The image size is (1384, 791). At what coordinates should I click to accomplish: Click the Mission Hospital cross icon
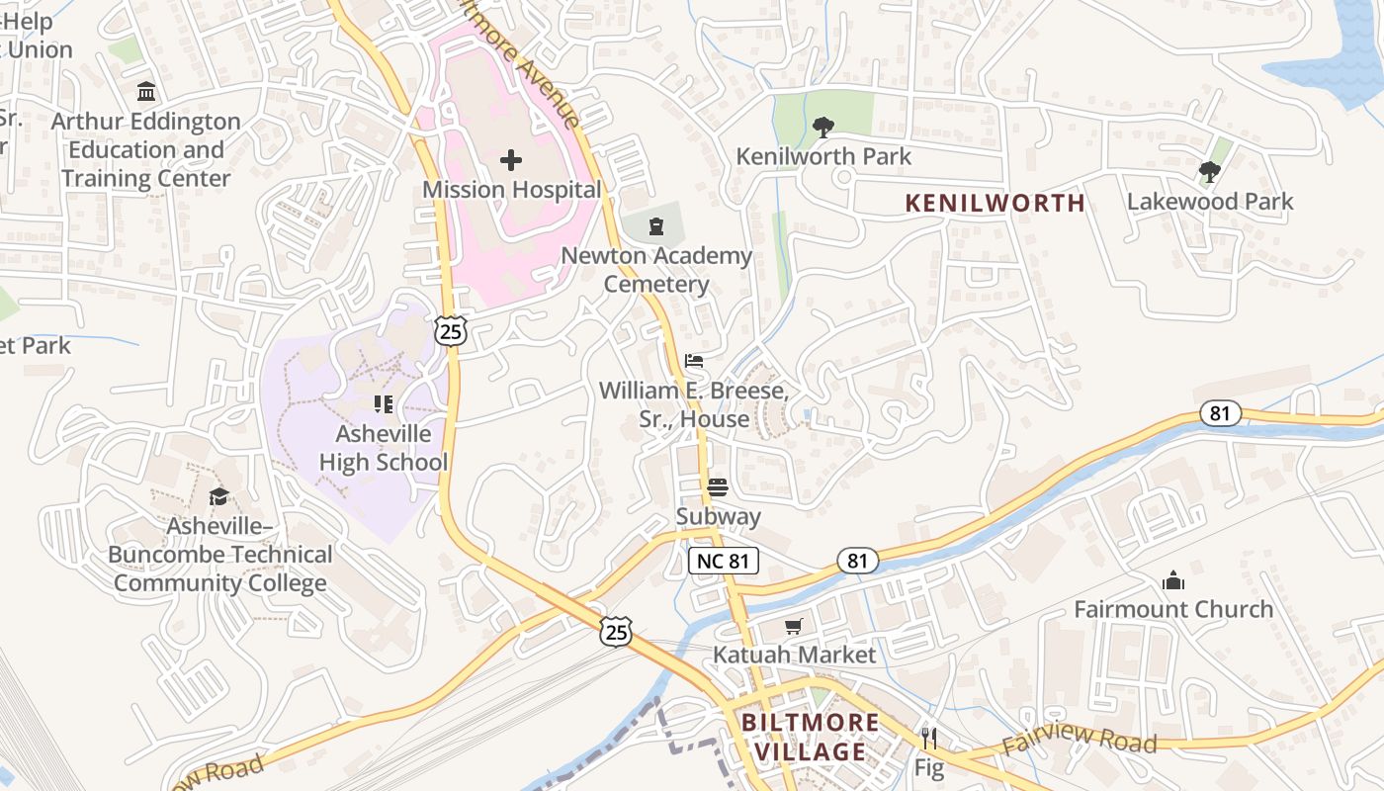tap(511, 159)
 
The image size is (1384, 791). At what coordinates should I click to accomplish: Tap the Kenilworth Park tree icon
tap(822, 128)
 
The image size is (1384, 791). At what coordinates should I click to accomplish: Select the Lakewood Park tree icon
tap(1209, 173)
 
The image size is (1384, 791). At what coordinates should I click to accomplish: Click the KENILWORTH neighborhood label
tap(995, 204)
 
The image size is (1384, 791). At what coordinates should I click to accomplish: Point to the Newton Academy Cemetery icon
tap(656, 227)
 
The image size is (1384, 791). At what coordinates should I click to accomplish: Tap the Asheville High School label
tap(384, 448)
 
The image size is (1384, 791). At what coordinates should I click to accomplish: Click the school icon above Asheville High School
tap(384, 403)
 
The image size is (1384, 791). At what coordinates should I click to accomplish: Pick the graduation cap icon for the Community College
tap(218, 496)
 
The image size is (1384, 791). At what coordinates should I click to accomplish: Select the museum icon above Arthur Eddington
tap(146, 93)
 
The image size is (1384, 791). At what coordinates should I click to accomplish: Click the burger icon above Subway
tap(718, 486)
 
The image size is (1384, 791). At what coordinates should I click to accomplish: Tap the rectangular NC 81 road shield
tap(723, 562)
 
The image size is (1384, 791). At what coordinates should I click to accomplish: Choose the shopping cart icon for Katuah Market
tap(794, 626)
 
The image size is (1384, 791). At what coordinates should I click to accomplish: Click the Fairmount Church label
tap(1173, 609)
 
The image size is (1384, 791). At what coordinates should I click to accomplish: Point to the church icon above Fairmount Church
tap(1173, 580)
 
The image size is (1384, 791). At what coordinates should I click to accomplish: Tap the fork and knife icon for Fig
tap(929, 738)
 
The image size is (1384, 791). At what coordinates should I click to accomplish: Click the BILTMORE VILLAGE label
tap(810, 737)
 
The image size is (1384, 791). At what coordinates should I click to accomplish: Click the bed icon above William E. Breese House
tap(694, 361)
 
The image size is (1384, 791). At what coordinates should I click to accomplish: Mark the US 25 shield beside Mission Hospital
tap(451, 332)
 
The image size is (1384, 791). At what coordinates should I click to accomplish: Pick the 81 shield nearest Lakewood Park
tap(1221, 413)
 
